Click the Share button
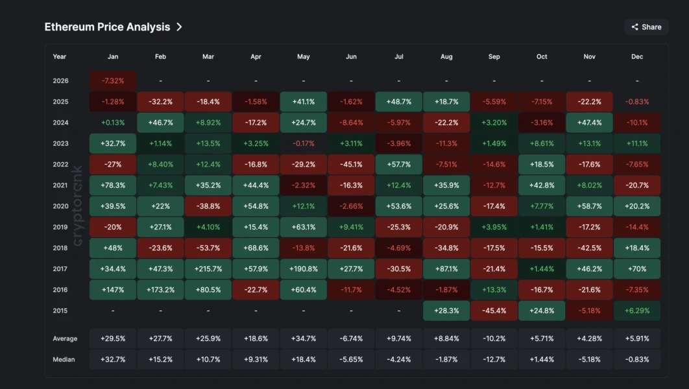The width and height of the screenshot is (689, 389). coord(646,27)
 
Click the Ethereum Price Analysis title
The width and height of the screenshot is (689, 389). coord(107,27)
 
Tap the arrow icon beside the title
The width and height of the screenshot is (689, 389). coord(180,27)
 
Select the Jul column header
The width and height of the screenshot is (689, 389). coord(398,57)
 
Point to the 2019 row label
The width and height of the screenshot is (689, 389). coord(60,227)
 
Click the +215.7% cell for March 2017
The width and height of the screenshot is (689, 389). coord(208,269)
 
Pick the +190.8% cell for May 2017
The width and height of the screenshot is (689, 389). coord(303,269)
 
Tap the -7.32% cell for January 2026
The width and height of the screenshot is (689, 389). coord(113,81)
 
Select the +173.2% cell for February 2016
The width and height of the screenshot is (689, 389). coord(160,290)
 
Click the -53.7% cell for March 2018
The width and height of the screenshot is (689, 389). coord(208,248)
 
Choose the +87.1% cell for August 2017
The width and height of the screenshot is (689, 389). coord(446,269)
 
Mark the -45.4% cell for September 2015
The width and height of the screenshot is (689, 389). coord(494,311)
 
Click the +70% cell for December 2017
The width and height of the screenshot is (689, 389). coord(637,269)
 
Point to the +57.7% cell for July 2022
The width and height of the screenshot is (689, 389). coord(398,165)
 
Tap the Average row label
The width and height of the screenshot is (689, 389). coord(65,338)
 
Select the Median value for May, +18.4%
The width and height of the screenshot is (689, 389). coord(303,359)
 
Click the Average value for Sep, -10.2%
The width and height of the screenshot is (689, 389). coord(494,338)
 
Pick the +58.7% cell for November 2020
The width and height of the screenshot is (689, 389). coord(589,206)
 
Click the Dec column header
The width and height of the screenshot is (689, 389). coord(637,57)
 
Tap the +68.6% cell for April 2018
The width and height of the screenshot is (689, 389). coord(256,248)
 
